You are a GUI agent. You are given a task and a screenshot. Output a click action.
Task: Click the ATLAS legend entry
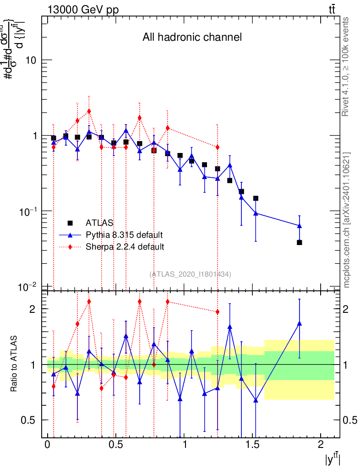[x=99, y=223]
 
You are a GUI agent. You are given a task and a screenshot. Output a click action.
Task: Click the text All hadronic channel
[x=192, y=37]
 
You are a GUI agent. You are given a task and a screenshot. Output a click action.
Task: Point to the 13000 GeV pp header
[x=83, y=10]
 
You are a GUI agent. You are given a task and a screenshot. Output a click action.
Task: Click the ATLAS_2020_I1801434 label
[x=190, y=274]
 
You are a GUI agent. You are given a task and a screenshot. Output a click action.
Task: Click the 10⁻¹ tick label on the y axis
[x=30, y=211]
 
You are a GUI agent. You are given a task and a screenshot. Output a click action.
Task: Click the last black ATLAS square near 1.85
[x=299, y=242]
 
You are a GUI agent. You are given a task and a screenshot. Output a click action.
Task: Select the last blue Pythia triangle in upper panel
[x=299, y=226]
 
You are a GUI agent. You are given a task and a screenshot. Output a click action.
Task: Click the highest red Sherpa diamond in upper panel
[x=89, y=111]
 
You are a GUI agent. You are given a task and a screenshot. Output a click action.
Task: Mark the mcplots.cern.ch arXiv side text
[x=347, y=220]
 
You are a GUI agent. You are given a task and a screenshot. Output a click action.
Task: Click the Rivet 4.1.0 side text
[x=346, y=67]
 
